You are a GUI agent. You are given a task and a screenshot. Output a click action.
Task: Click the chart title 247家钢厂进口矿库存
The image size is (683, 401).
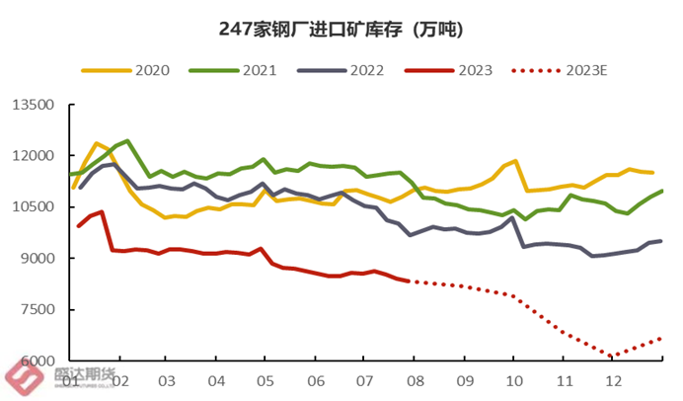(x=341, y=29)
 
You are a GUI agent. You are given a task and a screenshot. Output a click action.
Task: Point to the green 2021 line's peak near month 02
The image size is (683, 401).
(x=127, y=141)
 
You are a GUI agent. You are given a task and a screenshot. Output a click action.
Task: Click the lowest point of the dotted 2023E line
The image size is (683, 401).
(x=613, y=356)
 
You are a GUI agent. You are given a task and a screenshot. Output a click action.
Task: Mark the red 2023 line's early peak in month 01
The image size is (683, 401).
(x=103, y=212)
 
